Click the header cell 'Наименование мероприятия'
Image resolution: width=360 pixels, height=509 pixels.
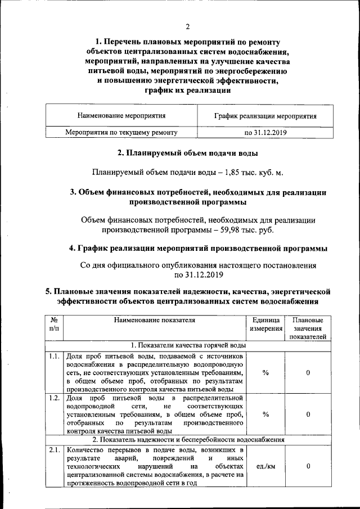coord(121,116)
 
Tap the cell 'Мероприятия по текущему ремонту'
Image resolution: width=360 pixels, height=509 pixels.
coord(121,133)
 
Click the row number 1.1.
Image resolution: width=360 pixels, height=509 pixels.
coord(55,356)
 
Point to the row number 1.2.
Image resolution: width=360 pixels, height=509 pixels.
coord(55,399)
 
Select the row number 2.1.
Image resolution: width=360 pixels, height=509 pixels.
coord(55,450)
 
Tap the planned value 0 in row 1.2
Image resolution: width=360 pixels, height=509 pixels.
coord(308,415)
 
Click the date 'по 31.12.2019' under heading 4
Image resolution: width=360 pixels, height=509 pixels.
coord(199,275)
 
